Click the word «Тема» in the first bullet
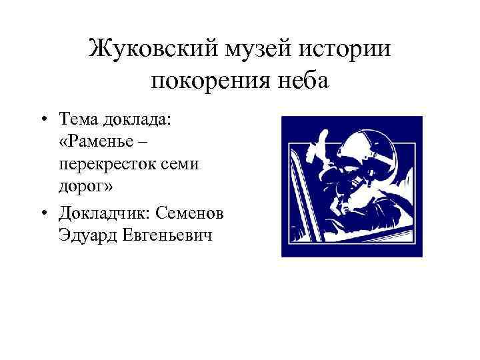[x=78, y=119]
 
